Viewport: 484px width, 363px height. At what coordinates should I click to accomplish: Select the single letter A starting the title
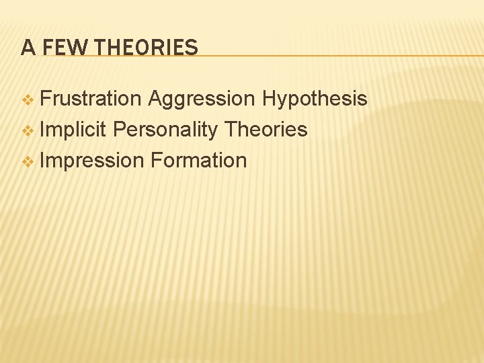28,48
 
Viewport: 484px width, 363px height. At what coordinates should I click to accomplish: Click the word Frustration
91,99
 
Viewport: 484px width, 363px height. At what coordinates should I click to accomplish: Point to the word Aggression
202,99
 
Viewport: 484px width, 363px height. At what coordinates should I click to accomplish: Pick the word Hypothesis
315,99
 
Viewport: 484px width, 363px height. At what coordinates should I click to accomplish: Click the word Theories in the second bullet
266,129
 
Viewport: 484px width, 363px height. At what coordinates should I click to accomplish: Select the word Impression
92,161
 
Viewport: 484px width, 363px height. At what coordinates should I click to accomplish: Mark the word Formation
199,161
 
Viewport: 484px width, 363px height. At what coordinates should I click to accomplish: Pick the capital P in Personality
119,129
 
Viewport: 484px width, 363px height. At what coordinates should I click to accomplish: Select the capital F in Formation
156,161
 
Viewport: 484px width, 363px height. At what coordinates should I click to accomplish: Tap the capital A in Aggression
155,99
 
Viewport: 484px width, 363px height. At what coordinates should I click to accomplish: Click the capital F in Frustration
45,99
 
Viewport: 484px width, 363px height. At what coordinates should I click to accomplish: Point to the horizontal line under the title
336,55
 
